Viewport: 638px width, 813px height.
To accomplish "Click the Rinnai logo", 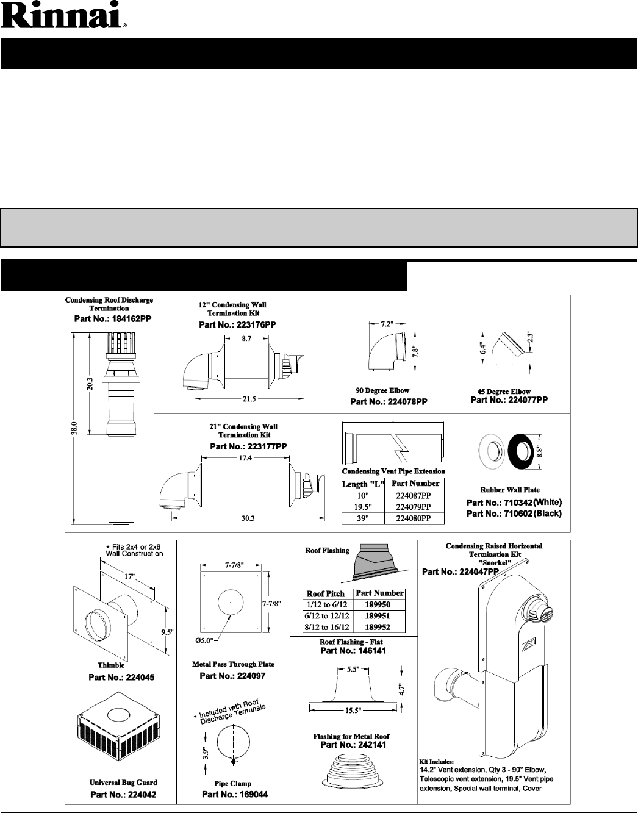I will point(63,17).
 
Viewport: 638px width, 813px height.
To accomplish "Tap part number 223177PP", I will point(248,447).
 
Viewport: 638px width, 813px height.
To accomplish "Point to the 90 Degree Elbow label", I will point(382,390).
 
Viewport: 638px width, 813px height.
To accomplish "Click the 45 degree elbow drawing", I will point(505,348).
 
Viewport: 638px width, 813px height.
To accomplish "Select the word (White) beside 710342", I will point(547,502).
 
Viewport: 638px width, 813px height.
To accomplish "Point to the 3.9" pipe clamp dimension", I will point(206,751).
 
